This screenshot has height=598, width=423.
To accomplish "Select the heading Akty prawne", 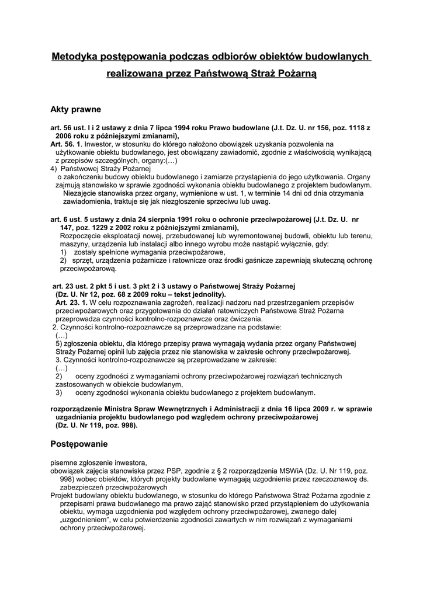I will click(75, 109).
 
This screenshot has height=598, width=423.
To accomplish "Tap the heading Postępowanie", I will click(79, 444).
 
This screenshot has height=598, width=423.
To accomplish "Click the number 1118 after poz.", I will click(356, 127).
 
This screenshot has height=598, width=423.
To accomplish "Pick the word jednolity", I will click(199, 294).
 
